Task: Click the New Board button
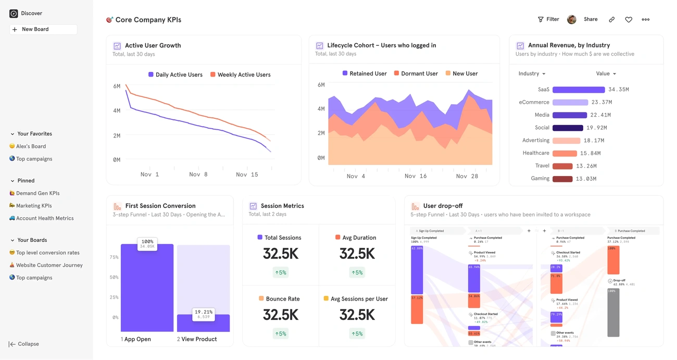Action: (x=43, y=30)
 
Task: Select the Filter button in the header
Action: (x=548, y=19)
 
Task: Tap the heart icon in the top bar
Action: (x=629, y=20)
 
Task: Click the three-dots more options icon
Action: (x=646, y=20)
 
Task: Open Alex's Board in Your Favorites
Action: (x=31, y=146)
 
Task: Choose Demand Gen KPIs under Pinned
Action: (x=37, y=193)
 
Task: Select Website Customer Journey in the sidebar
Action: (x=49, y=265)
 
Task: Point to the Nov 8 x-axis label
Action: (x=198, y=175)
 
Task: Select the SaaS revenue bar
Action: (x=578, y=90)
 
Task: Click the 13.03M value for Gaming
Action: (x=586, y=179)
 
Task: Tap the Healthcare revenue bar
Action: (x=565, y=154)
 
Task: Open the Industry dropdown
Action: (x=532, y=74)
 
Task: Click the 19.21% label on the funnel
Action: (x=203, y=312)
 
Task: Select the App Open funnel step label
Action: (x=137, y=339)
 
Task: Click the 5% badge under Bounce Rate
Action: (x=280, y=334)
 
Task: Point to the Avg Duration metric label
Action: (x=359, y=238)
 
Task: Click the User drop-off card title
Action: (x=443, y=206)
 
